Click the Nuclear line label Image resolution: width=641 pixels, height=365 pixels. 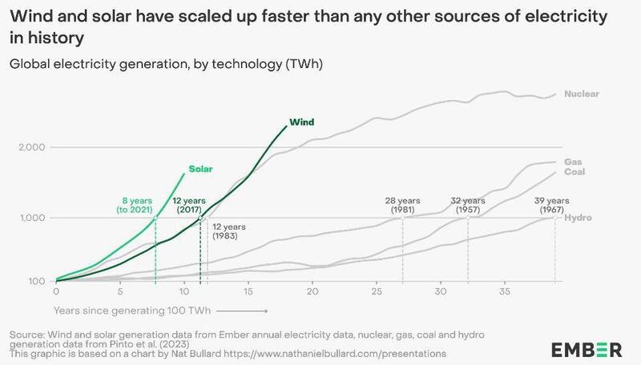581,94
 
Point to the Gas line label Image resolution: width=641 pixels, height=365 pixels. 573,162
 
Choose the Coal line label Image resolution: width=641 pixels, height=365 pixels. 574,172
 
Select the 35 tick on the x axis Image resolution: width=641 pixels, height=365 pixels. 504,292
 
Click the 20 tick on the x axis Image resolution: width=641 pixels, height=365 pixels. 312,292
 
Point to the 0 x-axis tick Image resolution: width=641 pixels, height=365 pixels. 55,292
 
